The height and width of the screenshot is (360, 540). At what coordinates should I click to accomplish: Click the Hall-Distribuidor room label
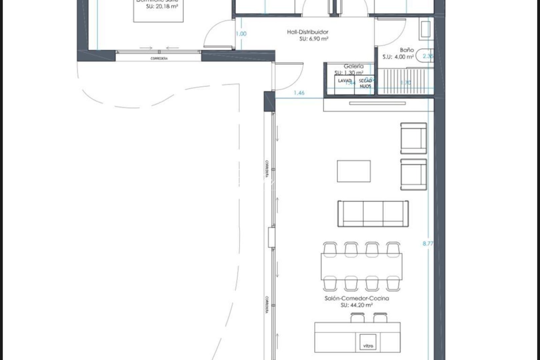[x=307, y=32]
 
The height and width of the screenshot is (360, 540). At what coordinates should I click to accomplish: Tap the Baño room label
[x=407, y=50]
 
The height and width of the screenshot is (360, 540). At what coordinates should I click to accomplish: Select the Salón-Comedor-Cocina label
[x=357, y=298]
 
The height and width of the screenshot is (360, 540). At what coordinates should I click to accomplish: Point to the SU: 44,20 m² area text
[x=357, y=305]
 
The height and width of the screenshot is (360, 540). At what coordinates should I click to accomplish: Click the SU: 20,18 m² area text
[x=162, y=6]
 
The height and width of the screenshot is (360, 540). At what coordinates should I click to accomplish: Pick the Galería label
[x=354, y=66]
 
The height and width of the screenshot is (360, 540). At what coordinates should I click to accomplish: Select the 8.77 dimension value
[x=428, y=244]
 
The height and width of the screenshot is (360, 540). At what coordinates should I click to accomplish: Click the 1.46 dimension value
[x=299, y=93]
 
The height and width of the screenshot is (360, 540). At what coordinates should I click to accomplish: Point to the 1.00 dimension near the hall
[x=241, y=34]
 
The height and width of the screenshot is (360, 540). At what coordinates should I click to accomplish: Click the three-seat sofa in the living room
[x=373, y=213]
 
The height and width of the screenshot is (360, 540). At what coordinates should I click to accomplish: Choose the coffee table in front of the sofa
[x=354, y=171]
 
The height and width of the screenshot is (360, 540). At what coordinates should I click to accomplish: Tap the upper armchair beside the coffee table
[x=413, y=138]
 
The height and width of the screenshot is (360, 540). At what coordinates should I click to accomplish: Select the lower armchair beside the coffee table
[x=413, y=174]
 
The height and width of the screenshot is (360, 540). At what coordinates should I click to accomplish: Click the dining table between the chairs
[x=361, y=267]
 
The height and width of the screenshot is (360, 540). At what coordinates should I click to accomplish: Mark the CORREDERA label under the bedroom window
[x=159, y=59]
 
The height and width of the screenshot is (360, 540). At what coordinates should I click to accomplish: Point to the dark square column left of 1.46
[x=269, y=101]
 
